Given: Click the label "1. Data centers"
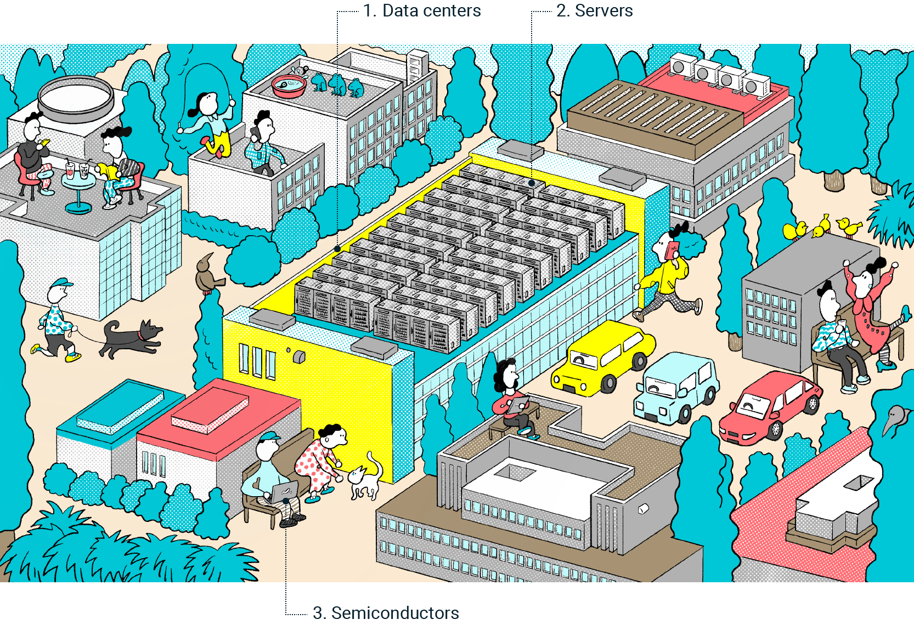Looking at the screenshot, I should coord(422,11).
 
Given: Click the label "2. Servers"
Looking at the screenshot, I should coord(595,11).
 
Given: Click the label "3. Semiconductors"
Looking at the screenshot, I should coord(386,612).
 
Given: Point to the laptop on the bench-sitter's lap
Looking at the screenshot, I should coord(284,491).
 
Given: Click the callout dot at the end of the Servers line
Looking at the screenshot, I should coord(532,183).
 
